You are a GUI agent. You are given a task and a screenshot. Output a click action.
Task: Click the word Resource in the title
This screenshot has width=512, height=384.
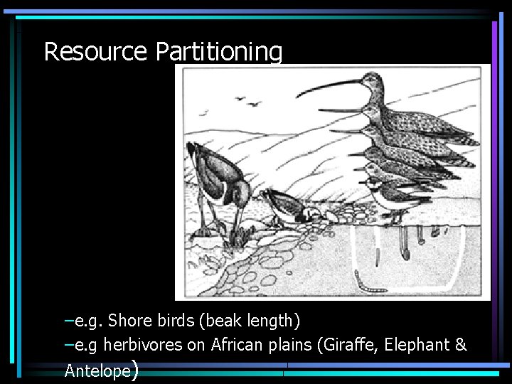(95, 51)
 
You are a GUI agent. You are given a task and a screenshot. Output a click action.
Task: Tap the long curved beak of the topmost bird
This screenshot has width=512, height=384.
(331, 87)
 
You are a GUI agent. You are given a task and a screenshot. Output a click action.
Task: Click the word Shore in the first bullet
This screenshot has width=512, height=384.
(125, 321)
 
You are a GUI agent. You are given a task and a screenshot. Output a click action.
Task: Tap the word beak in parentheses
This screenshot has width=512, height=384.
(223, 321)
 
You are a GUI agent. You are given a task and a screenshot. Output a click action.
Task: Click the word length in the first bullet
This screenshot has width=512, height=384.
(274, 322)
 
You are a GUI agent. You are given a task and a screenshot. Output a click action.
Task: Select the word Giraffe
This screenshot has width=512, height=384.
(350, 346)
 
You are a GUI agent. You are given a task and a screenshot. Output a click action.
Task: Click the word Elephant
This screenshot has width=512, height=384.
(415, 346)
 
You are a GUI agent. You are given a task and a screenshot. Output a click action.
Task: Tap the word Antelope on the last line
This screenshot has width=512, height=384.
(97, 370)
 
